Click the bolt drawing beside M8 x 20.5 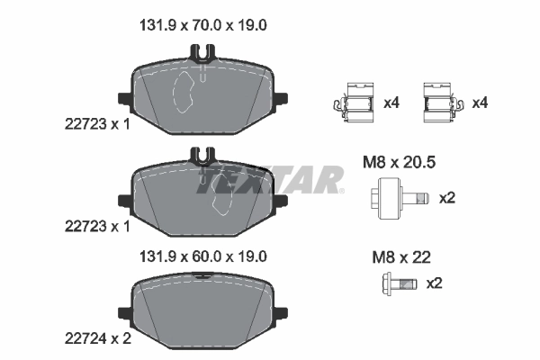coord(394,198)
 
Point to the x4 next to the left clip coord(391,103)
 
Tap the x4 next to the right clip coord(480,103)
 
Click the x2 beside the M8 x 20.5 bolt coord(446,198)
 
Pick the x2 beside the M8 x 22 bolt coord(434,284)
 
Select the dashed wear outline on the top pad coord(187,90)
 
